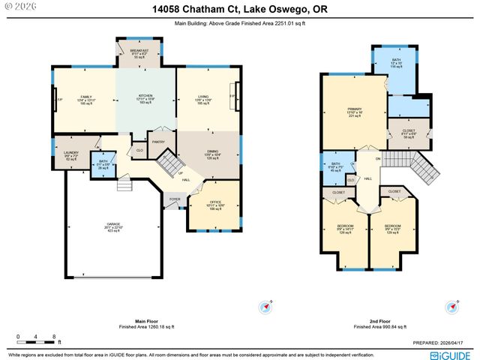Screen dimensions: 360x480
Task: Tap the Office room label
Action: point(215,202)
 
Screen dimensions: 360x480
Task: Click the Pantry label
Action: point(158,142)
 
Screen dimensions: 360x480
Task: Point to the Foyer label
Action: point(175,199)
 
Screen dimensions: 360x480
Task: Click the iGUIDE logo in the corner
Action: point(450,354)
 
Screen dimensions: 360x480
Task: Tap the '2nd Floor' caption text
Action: point(379,322)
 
